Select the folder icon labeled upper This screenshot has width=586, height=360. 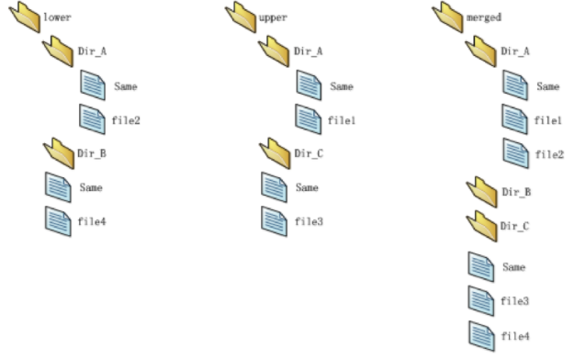tap(240, 16)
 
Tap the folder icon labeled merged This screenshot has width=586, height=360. tap(447, 17)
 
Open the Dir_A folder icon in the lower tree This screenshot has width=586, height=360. tap(59, 51)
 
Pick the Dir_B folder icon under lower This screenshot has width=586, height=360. tap(59, 152)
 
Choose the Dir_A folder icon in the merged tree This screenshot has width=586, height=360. tap(482, 51)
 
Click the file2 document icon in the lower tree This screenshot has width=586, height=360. tap(93, 119)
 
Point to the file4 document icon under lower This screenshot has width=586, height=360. tap(58, 220)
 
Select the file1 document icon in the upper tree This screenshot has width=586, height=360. tap(309, 119)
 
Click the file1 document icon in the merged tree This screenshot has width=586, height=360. tap(515, 119)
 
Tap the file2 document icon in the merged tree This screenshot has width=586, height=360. tap(515, 152)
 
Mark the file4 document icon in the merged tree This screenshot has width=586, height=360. tap(482, 334)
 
